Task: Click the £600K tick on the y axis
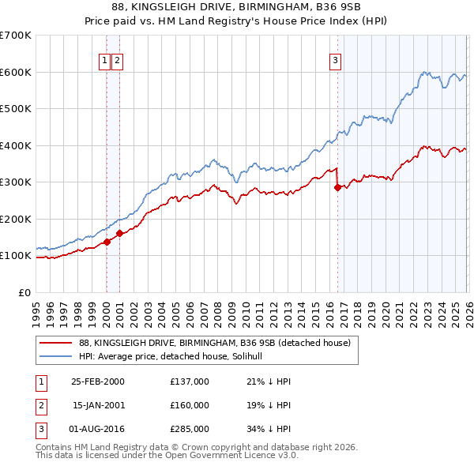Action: (x=16, y=72)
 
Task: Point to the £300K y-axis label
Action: (x=16, y=182)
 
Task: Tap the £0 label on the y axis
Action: (x=24, y=292)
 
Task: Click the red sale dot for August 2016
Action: (x=337, y=188)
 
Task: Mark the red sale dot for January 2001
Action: (x=119, y=233)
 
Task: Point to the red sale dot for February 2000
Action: (x=107, y=242)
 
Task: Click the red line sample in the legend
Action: (x=55, y=343)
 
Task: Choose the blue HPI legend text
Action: (x=175, y=356)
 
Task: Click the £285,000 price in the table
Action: (x=189, y=430)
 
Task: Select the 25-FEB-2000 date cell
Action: (x=98, y=381)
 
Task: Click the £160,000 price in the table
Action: (x=189, y=405)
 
